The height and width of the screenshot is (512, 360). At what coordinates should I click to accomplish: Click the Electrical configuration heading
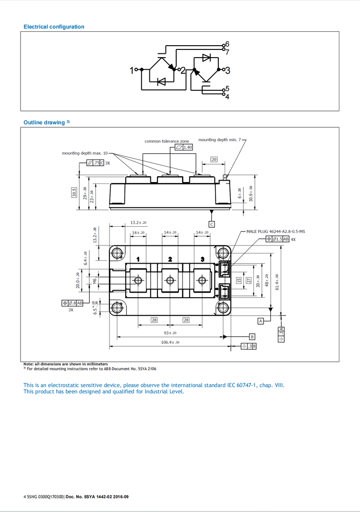54,27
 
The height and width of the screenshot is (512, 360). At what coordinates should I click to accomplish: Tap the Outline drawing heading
44,122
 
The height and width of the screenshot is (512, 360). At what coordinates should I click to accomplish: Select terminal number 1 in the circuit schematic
132,71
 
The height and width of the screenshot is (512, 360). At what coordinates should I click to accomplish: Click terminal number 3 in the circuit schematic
228,71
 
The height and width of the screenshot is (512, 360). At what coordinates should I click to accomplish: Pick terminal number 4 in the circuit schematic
227,97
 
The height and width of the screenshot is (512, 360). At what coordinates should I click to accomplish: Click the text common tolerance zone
167,141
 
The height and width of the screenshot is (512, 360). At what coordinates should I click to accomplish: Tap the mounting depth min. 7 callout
220,140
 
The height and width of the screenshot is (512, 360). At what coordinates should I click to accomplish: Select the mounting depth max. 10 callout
85,153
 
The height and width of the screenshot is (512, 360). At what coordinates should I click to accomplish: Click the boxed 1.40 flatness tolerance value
187,147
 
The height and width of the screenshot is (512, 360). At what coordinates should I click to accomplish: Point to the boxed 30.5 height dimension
74,192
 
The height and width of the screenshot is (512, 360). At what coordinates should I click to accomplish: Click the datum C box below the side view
212,224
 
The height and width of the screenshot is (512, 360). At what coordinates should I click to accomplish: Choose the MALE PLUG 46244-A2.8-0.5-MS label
276,232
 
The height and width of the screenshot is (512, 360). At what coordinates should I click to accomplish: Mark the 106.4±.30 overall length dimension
170,342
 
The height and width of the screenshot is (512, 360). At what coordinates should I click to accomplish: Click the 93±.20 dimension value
170,332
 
